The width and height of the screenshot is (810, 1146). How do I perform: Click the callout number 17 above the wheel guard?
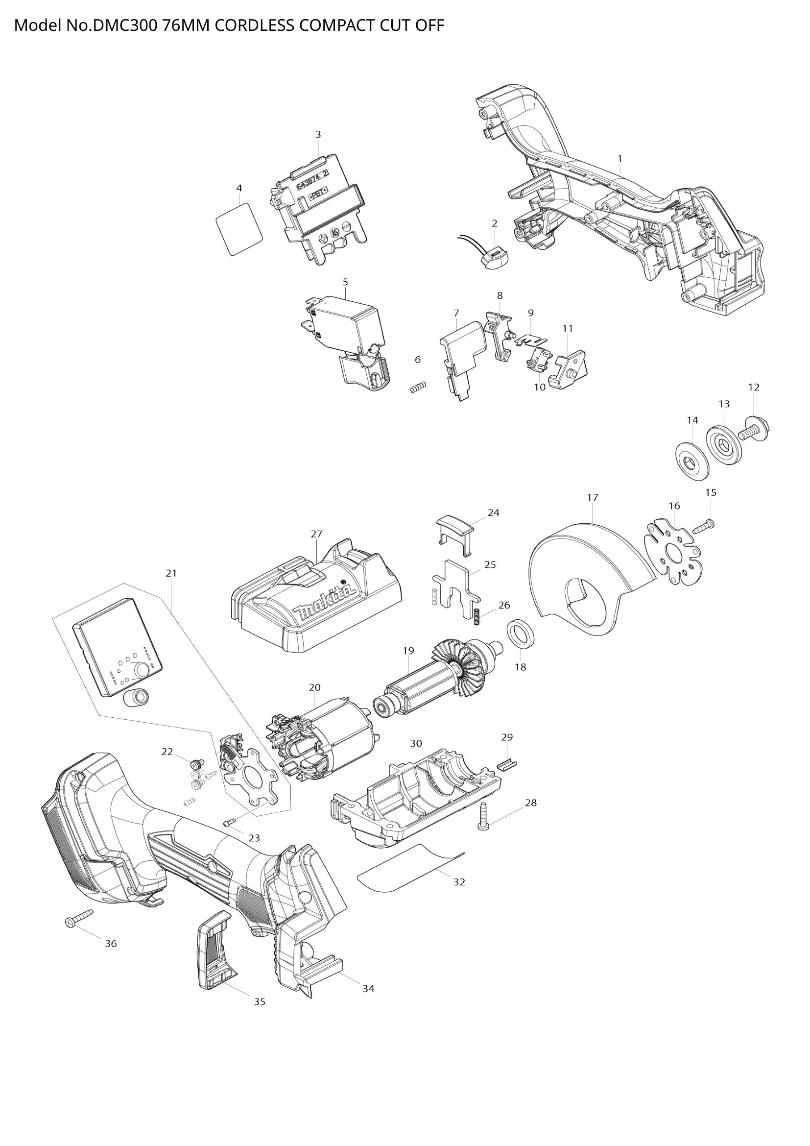click(x=592, y=498)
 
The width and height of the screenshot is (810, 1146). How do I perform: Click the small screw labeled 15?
click(x=703, y=525)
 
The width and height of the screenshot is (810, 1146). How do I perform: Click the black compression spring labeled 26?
click(x=476, y=616)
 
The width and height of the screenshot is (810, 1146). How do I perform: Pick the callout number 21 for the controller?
click(x=171, y=574)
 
